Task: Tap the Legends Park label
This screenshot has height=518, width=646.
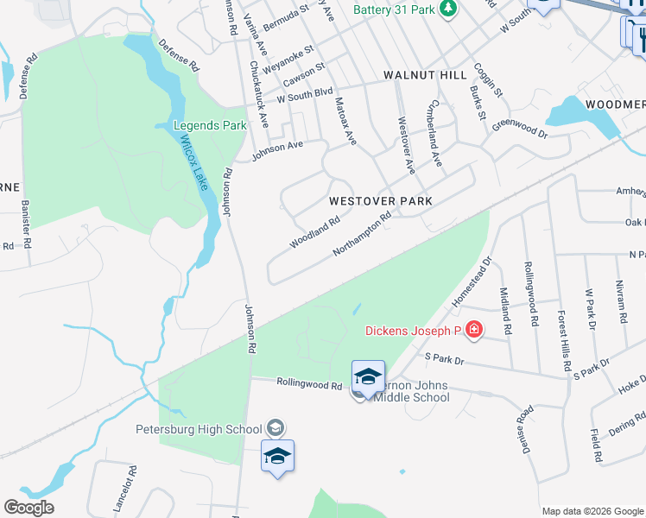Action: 211,125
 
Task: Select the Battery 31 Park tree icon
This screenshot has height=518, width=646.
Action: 447,9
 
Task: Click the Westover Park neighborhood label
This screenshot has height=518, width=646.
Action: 380,200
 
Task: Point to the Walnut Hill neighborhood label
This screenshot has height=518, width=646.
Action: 425,76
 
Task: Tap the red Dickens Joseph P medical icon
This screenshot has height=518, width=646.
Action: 472,330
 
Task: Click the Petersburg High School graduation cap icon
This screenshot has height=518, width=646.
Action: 275,428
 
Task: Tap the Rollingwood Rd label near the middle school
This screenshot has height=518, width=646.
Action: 309,383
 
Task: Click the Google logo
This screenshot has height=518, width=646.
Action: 28,508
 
